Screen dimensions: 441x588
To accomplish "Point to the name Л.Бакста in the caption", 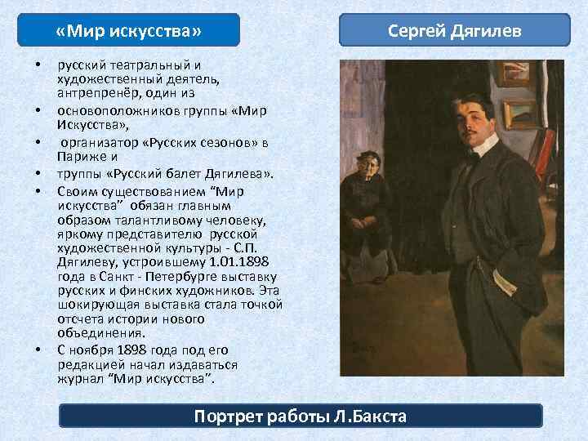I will (x=370, y=416).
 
